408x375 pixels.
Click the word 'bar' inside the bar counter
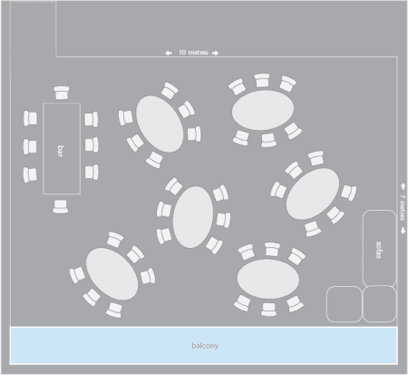[61, 151]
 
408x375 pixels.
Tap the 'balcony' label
[205, 346]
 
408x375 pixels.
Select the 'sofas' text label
[378, 250]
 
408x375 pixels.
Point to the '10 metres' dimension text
[193, 53]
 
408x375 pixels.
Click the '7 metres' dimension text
[403, 208]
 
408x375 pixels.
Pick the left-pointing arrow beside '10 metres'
[169, 53]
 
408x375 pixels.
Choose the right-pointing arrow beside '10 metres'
[215, 53]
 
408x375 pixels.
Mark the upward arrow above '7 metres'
[403, 186]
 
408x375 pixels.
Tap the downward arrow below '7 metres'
[403, 231]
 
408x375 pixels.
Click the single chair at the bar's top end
[62, 93]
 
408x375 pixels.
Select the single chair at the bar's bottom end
[61, 206]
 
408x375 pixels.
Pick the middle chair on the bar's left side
[30, 147]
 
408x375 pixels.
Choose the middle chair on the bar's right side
[92, 144]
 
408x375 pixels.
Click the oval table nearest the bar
[160, 124]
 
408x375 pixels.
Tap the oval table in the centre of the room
[193, 217]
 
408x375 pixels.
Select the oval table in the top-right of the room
[263, 110]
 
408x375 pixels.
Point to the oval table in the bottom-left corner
[112, 274]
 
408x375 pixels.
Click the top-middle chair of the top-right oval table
[262, 80]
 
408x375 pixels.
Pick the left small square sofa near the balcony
[345, 304]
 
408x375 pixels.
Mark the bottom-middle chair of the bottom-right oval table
[268, 310]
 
